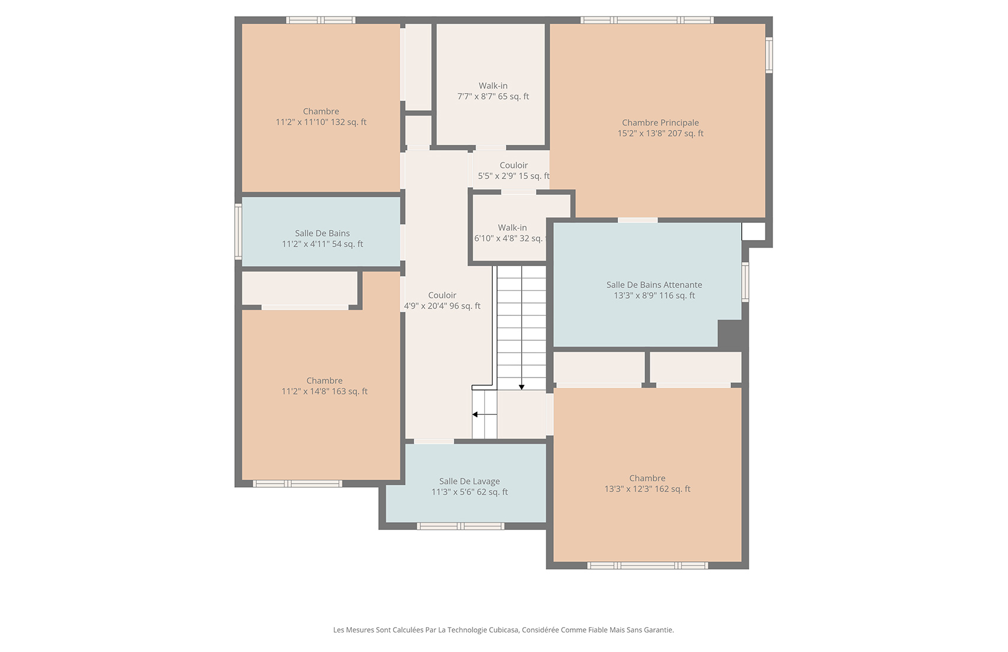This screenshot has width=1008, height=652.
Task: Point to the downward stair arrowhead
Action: (522, 387)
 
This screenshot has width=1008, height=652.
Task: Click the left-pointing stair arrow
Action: (476, 414)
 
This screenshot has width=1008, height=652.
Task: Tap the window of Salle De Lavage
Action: (461, 526)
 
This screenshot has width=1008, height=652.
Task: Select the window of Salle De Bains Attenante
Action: (745, 282)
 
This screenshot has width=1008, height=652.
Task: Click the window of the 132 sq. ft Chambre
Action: (321, 20)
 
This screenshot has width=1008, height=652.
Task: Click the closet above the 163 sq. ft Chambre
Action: (299, 288)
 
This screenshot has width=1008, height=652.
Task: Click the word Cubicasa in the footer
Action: (503, 630)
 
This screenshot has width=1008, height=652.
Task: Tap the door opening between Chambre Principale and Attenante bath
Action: (637, 220)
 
